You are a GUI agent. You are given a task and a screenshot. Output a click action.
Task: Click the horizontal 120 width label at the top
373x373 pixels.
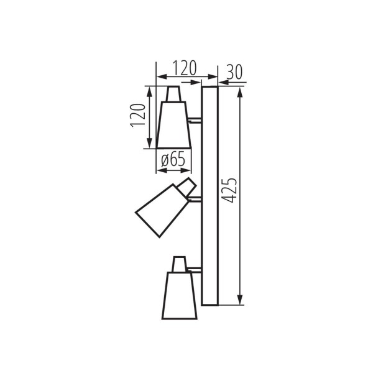coord(185,67)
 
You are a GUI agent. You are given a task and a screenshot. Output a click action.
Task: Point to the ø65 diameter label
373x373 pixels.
coord(173,160)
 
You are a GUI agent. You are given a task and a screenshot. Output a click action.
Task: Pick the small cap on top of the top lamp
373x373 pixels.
coord(174,94)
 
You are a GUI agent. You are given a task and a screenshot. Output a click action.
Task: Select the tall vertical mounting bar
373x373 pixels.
coord(210,195)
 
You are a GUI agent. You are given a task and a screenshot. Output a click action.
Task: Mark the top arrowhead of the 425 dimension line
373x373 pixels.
coord(239,91)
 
